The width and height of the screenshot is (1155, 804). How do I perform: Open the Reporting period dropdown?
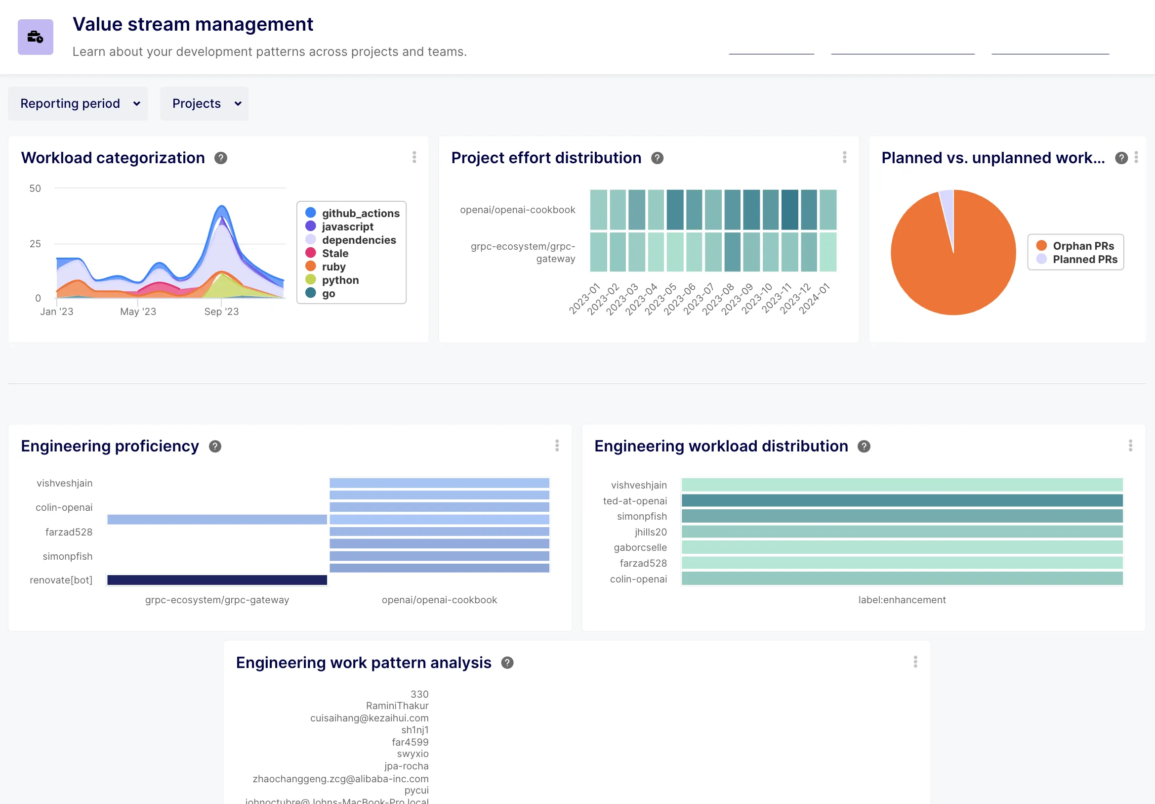tap(78, 104)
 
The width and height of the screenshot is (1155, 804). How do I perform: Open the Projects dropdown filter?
tap(204, 104)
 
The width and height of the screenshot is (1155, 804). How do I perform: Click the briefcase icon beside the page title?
tap(35, 37)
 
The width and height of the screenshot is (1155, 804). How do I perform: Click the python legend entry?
tap(339, 280)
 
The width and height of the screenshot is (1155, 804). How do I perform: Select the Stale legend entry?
tap(334, 253)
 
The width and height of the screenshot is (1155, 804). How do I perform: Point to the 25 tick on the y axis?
tap(35, 244)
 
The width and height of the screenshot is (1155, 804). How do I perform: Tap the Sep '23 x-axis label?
tap(221, 312)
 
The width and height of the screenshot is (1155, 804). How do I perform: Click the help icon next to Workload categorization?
tap(220, 158)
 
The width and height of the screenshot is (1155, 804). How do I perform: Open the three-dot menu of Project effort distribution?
tap(844, 158)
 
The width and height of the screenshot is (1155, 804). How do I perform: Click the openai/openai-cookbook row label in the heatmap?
tap(517, 210)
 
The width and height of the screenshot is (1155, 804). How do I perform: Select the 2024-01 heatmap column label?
tap(815, 299)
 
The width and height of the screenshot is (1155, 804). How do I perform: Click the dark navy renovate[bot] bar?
tap(217, 580)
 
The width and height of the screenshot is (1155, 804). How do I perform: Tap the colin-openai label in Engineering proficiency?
tap(64, 507)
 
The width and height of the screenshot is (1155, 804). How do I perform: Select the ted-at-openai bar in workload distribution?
tap(902, 500)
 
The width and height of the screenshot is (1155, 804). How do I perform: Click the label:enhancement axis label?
tap(902, 600)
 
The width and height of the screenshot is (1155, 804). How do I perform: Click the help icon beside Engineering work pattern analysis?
tap(507, 663)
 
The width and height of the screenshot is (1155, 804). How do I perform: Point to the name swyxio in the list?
tap(412, 754)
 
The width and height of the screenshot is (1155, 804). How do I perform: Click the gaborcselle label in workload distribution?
tap(640, 547)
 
